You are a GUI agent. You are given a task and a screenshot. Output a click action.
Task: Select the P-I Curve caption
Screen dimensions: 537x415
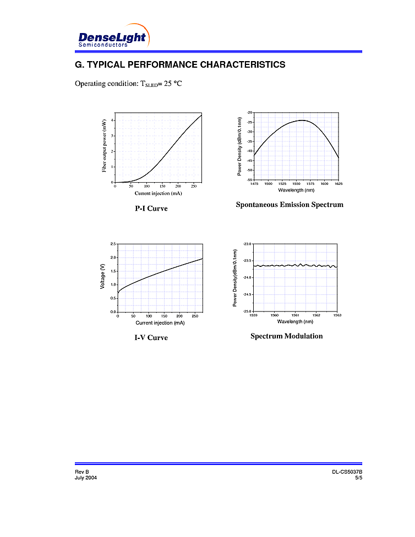point(151,209)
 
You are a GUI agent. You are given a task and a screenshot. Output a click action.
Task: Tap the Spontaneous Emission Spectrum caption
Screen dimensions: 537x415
point(290,205)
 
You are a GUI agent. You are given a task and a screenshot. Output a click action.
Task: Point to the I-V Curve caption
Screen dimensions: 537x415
point(151,337)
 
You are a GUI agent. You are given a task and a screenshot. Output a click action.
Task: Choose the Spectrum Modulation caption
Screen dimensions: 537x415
point(287,336)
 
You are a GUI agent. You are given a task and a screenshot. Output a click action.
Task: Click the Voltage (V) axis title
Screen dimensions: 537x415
point(103,277)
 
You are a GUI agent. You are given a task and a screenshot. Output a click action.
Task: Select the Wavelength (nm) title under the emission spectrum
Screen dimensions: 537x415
point(296,190)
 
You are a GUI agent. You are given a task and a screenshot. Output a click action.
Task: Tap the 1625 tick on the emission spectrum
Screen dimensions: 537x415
point(338,184)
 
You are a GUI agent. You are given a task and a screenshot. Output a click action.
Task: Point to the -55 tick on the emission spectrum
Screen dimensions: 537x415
point(249,180)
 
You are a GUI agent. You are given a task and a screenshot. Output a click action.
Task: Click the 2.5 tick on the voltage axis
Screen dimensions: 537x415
point(113,244)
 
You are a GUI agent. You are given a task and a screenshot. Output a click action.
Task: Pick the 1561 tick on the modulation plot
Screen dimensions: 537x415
point(296,315)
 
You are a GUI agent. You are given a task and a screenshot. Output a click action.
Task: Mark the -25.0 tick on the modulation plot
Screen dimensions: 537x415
point(247,311)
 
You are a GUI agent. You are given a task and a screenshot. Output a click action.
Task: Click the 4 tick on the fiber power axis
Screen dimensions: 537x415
point(112,120)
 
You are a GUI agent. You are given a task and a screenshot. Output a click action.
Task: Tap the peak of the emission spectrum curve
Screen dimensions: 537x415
point(302,120)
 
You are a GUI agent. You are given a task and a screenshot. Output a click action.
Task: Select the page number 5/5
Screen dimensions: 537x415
point(358,478)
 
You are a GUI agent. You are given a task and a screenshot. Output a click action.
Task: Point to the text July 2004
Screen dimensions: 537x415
point(86,478)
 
